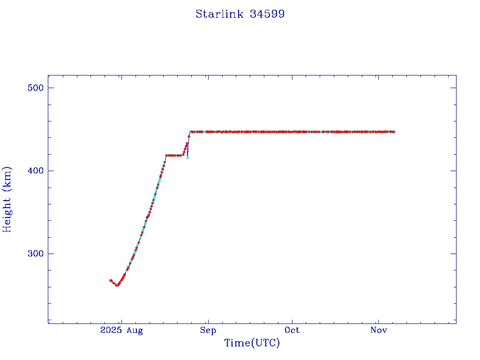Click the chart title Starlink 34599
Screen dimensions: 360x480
(240, 14)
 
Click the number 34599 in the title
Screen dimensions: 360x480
(267, 14)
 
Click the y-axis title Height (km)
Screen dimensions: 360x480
(7, 199)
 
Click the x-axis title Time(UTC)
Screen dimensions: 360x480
(252, 343)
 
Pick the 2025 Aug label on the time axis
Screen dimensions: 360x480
(121, 330)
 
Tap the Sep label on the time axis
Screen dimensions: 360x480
(208, 330)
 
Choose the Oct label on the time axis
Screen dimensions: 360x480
(292, 330)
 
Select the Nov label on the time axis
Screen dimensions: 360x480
(378, 330)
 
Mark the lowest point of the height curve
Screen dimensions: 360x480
(117, 285)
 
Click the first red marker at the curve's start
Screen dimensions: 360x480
(110, 280)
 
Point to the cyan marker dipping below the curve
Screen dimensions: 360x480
(187, 157)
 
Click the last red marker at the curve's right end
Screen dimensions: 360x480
(394, 132)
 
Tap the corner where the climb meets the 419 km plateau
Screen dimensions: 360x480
(166, 155)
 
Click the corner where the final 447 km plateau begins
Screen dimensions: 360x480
(190, 132)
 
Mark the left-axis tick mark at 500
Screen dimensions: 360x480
(50, 88)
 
